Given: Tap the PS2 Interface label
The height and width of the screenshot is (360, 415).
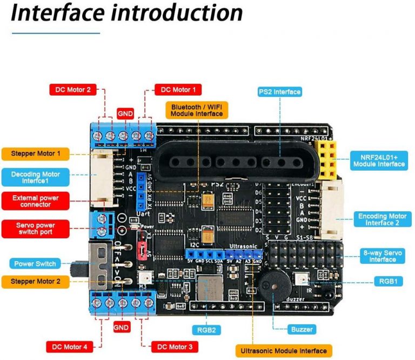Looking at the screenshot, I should (x=279, y=91).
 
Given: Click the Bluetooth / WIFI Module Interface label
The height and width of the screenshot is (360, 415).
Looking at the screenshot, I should (x=196, y=110).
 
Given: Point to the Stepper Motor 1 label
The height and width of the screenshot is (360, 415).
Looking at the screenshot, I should (x=36, y=154).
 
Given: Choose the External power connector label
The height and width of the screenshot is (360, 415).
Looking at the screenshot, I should (x=36, y=201).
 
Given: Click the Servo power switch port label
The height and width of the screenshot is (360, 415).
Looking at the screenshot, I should (x=36, y=228).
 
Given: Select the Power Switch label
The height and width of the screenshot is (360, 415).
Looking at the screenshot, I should (x=36, y=264).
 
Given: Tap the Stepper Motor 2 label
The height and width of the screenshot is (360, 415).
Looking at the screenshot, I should (x=36, y=282).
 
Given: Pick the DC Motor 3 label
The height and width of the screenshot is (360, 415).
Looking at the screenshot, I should (x=175, y=346).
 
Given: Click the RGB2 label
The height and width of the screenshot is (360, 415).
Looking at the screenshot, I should (x=205, y=329).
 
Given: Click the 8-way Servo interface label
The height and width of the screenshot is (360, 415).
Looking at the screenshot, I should (x=383, y=256).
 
